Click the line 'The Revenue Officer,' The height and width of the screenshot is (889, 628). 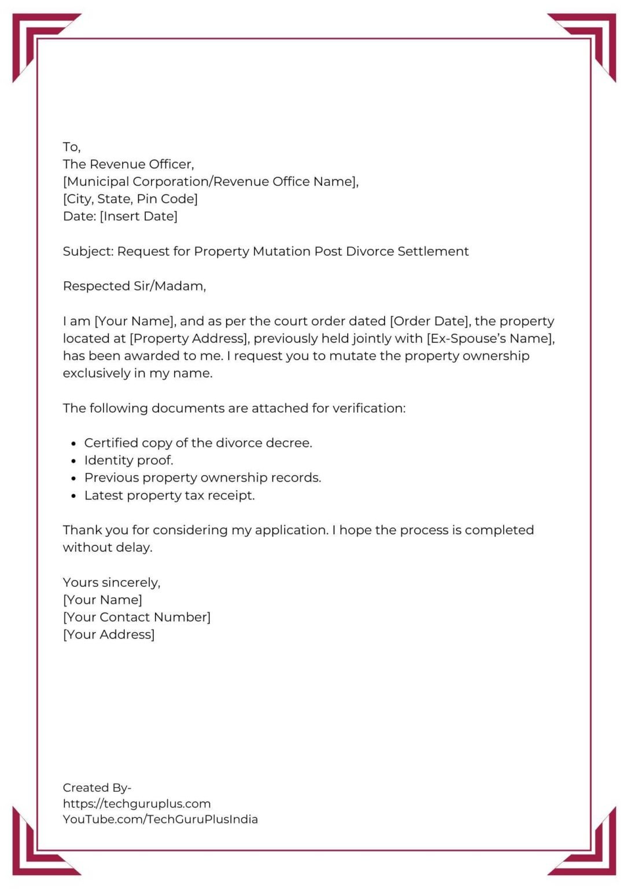(x=128, y=164)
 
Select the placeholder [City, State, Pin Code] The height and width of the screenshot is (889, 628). (x=130, y=199)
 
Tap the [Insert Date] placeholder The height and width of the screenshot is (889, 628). (x=139, y=216)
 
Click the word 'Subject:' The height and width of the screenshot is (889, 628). (x=88, y=251)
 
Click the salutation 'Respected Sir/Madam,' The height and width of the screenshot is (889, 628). (x=134, y=286)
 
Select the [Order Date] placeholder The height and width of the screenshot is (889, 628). (x=430, y=321)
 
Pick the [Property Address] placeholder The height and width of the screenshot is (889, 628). (x=189, y=339)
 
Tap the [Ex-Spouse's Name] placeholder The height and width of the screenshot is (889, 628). (x=490, y=339)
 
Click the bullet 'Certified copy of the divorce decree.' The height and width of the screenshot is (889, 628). (x=198, y=443)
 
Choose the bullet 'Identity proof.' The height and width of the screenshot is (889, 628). (x=128, y=461)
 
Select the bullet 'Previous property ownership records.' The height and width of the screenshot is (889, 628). (x=202, y=478)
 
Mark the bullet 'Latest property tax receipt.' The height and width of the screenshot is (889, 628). (x=169, y=496)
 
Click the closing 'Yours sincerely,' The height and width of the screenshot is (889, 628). (x=112, y=582)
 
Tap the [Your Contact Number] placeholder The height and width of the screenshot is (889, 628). (x=136, y=618)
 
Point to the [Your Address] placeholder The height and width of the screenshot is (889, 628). (x=109, y=635)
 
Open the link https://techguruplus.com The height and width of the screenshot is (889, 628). (x=136, y=804)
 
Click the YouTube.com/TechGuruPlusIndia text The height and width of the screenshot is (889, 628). (x=160, y=820)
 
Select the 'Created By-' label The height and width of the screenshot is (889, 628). (x=97, y=788)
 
